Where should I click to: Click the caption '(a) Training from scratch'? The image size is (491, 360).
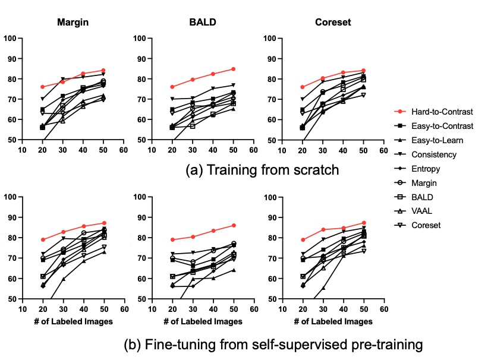pos(263,170)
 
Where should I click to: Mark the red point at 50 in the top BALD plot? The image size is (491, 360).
pos(233,69)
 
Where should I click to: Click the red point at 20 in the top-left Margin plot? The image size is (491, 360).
pos(42,87)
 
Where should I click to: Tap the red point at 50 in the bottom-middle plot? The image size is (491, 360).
pos(233,225)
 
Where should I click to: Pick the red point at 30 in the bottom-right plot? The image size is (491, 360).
pos(323,229)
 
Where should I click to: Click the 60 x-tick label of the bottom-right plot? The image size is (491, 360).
pos(384,310)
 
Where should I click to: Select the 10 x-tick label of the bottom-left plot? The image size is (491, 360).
pos(22,310)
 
